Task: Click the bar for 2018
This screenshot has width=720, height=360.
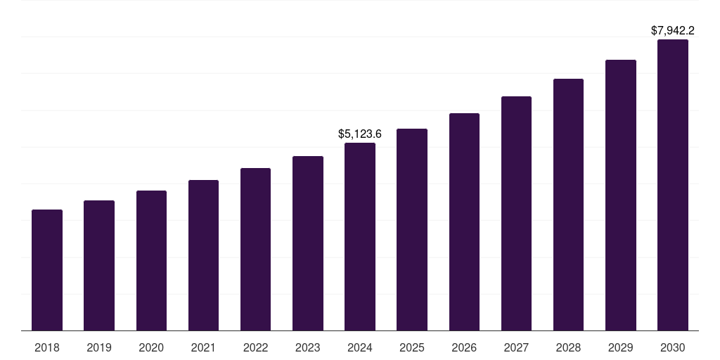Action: (x=47, y=270)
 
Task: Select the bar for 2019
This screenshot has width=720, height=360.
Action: (x=99, y=266)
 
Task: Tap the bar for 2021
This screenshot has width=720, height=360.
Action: (x=203, y=255)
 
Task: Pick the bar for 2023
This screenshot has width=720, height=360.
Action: (x=308, y=243)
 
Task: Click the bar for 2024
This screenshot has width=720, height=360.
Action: (x=360, y=237)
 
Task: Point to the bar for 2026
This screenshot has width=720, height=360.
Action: (x=464, y=222)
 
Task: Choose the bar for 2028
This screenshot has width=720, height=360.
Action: (x=568, y=205)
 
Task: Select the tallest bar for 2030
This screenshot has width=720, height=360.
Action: (x=673, y=185)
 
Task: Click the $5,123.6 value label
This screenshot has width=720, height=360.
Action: (x=360, y=134)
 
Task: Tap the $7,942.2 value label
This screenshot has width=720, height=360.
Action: (x=673, y=31)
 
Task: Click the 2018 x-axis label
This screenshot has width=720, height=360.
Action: (x=47, y=348)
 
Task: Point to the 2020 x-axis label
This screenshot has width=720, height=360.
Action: (x=151, y=348)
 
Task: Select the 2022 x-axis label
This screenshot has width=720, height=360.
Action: (x=256, y=348)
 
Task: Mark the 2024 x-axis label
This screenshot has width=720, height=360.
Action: (x=360, y=348)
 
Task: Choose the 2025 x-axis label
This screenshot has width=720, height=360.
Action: (x=412, y=348)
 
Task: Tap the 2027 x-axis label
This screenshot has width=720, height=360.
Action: (x=516, y=348)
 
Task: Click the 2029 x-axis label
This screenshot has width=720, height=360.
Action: (x=621, y=348)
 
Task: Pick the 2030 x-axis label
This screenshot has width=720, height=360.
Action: (x=673, y=348)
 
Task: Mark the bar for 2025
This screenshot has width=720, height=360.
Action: (x=412, y=230)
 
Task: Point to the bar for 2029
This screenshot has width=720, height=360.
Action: (x=621, y=195)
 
